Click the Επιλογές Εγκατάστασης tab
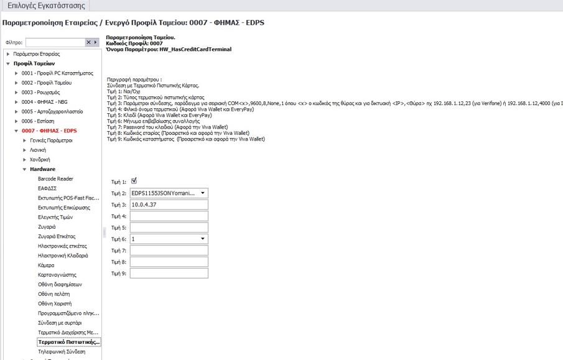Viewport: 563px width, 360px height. coord(45,6)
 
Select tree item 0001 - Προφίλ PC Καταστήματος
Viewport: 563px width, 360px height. coord(53,73)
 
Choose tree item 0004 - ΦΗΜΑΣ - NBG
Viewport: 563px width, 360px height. coord(44,102)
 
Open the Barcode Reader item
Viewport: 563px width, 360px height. coord(55,179)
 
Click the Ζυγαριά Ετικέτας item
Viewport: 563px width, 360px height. coord(57,236)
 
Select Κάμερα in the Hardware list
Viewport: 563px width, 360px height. coord(47,265)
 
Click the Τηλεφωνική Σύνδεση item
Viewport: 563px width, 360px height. coord(61,352)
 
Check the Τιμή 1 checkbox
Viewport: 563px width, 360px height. coord(134,181)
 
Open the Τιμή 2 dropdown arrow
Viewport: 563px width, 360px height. coord(203,193)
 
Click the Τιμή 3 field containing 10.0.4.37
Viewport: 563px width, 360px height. coord(169,205)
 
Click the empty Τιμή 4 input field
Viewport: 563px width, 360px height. coord(169,216)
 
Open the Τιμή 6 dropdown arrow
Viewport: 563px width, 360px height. coord(203,239)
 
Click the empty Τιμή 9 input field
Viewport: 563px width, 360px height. coord(169,273)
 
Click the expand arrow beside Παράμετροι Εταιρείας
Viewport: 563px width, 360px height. coord(7,54)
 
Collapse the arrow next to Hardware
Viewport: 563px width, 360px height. coord(24,169)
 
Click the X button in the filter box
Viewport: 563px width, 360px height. coord(88,42)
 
